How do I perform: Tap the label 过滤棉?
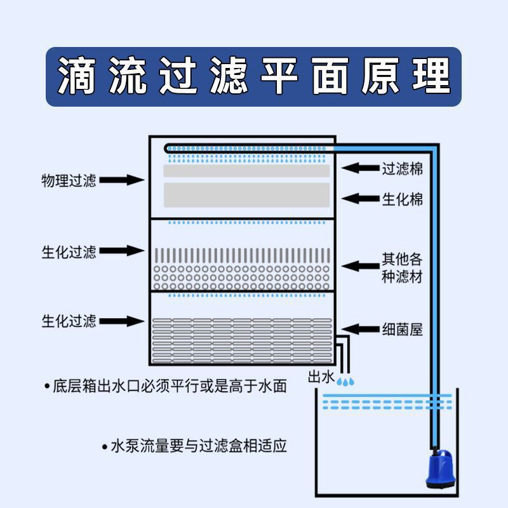pyautogui.click(x=401, y=169)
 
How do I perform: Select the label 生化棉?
pyautogui.click(x=401, y=199)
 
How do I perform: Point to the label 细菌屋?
pyautogui.click(x=401, y=330)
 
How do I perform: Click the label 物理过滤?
pyautogui.click(x=69, y=181)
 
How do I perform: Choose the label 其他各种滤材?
pyautogui.click(x=401, y=268)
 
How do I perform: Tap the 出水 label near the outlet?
pyautogui.click(x=321, y=377)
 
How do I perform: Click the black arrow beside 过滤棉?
pyautogui.click(x=359, y=169)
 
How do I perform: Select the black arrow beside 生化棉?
pyautogui.click(x=359, y=199)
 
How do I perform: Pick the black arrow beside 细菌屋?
pyautogui.click(x=359, y=330)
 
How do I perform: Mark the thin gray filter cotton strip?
pyautogui.click(x=246, y=171)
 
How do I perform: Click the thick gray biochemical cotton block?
pyautogui.click(x=246, y=195)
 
